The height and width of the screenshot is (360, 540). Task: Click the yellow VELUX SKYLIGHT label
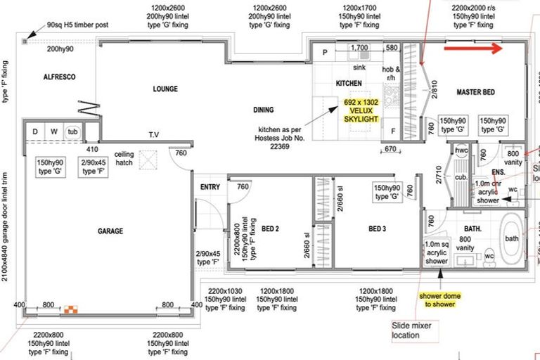coord(361,110)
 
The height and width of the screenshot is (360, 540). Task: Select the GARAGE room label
coord(110,231)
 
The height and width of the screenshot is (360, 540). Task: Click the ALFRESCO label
coord(59,76)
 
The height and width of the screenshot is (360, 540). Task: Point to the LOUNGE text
coord(165,89)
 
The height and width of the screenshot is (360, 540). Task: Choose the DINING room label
coord(264,110)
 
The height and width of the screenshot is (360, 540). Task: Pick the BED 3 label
coord(377,229)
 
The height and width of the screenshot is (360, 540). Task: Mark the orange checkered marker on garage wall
coord(70,309)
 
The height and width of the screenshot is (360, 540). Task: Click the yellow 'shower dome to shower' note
coord(440,300)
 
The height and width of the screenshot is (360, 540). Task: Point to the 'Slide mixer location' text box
coord(416,330)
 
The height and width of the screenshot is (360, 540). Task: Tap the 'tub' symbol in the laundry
coord(73,131)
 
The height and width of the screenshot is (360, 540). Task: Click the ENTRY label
coord(210,187)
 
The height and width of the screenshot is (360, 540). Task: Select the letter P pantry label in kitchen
coord(325,53)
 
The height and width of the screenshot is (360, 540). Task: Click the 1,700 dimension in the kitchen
coord(359,48)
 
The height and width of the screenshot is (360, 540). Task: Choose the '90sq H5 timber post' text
coord(78,25)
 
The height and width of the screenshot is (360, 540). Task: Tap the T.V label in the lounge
coord(153,134)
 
